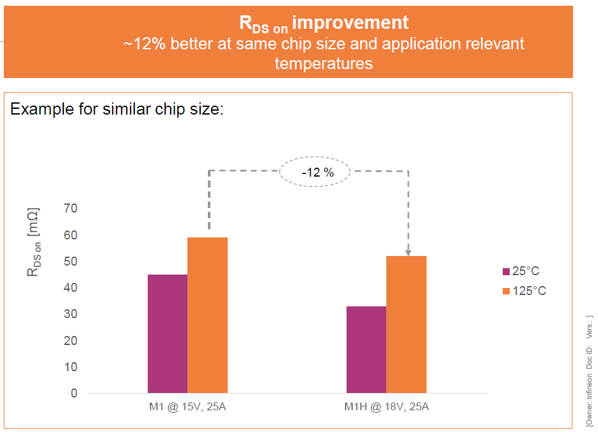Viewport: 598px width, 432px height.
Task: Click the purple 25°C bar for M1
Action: click(168, 333)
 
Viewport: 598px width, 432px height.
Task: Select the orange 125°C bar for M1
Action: click(207, 315)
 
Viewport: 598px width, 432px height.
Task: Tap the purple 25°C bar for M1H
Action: click(366, 349)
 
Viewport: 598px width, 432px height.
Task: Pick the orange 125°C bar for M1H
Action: click(406, 324)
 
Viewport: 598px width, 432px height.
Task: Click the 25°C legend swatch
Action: click(505, 271)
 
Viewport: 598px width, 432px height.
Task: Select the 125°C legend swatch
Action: click(505, 291)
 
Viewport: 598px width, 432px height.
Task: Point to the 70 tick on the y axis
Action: click(70, 209)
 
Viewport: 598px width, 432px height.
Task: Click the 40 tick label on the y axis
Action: click(70, 288)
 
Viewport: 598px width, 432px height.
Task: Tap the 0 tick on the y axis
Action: click(74, 393)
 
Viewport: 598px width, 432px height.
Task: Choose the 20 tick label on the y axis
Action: click(70, 340)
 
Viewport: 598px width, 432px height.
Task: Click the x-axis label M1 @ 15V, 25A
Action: click(187, 407)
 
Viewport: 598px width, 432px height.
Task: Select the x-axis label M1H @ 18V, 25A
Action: click(386, 407)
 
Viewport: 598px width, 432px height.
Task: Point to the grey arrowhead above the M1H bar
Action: click(408, 252)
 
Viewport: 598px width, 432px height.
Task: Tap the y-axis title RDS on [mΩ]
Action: click(33, 241)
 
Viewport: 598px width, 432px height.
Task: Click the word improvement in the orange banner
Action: click(350, 23)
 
